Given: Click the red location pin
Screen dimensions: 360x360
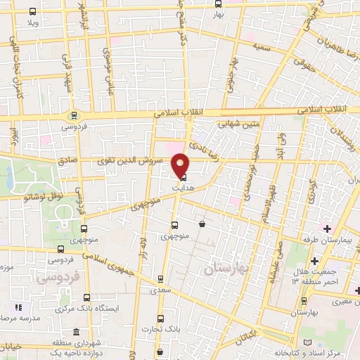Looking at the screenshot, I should pos(181,165).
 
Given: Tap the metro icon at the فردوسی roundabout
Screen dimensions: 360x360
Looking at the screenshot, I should pos(72,116).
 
